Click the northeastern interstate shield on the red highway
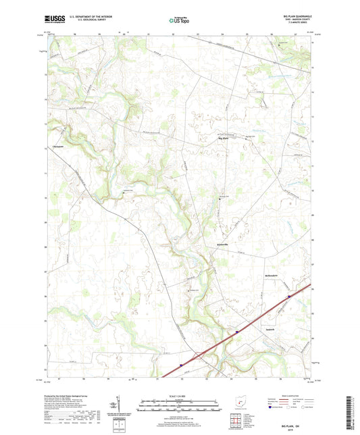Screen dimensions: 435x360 tap(289, 296)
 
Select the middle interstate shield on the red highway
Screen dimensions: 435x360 tap(237, 332)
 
